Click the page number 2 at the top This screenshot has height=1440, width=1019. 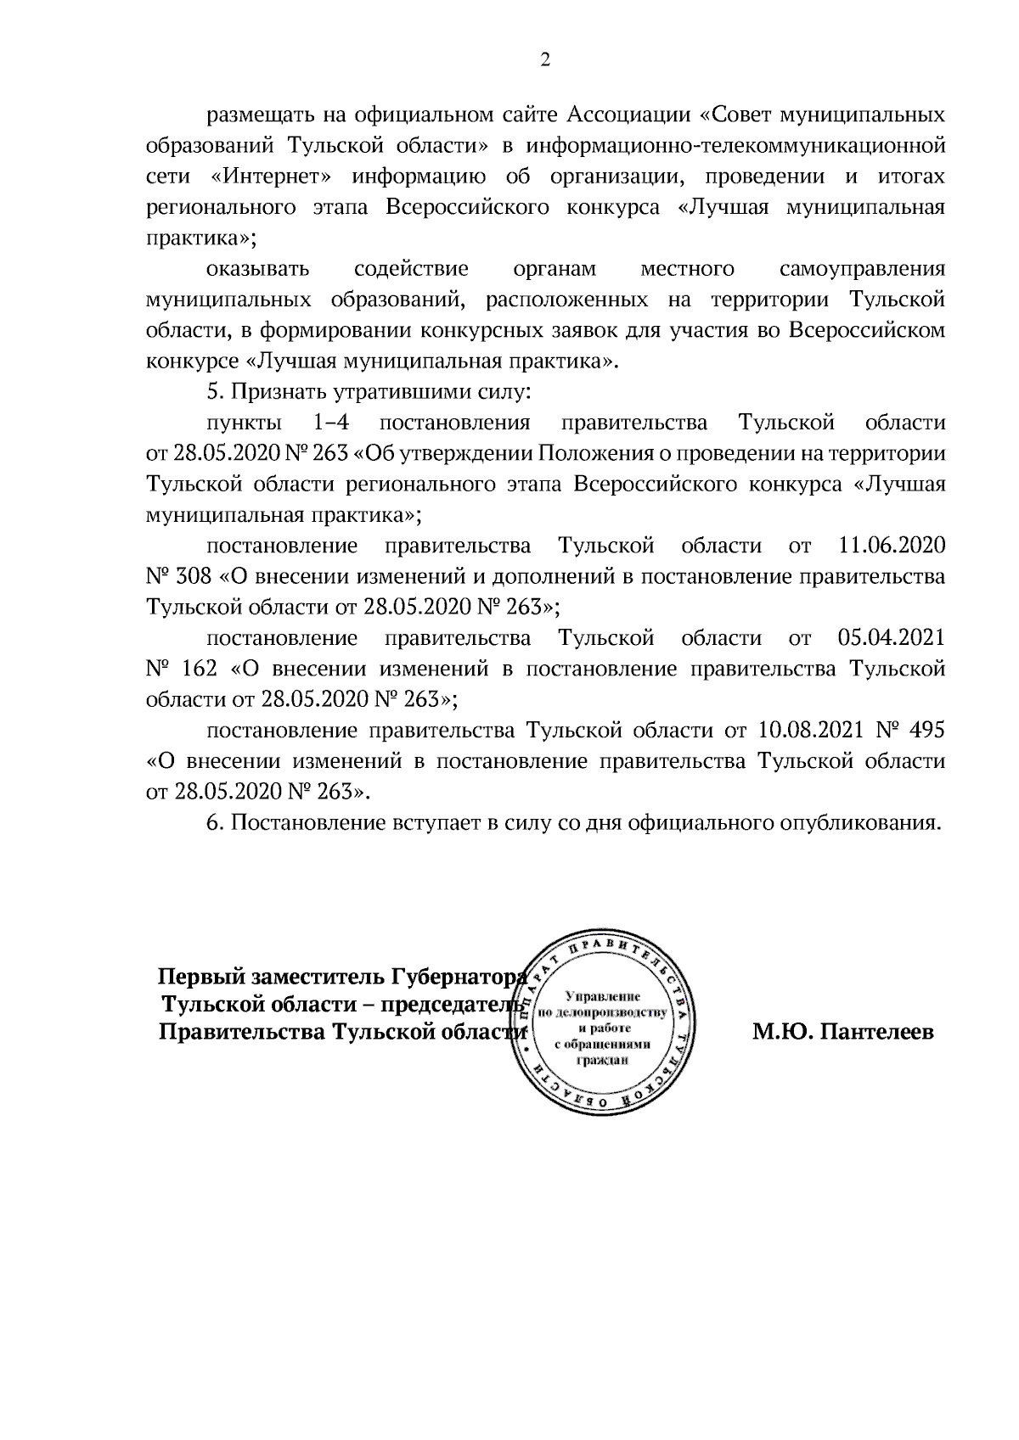[x=545, y=59]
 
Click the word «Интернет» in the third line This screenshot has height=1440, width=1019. [x=271, y=176]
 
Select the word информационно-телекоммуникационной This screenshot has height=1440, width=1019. [x=736, y=145]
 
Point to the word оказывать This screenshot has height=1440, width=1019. [x=258, y=270]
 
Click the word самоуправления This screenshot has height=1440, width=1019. [x=862, y=270]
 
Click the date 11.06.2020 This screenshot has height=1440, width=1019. [x=892, y=545]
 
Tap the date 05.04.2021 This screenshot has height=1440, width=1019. [x=892, y=637]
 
